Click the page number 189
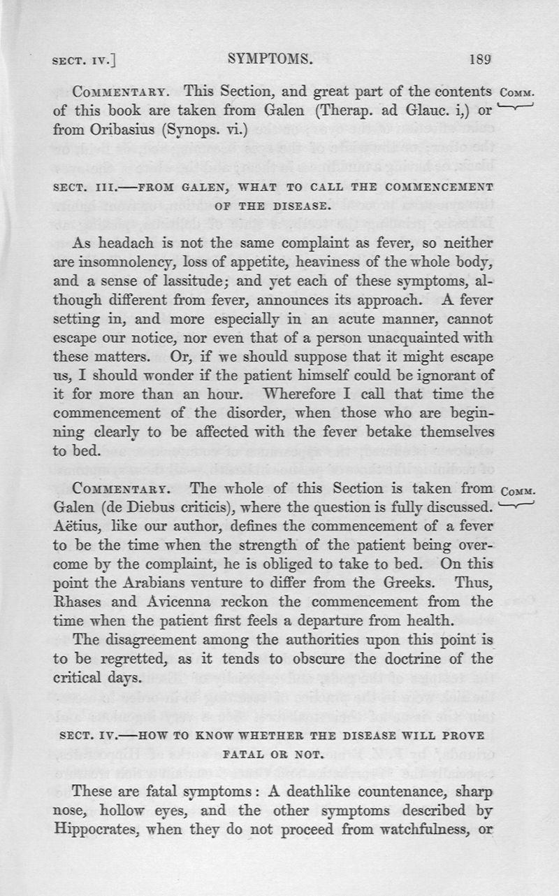[x=483, y=59]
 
